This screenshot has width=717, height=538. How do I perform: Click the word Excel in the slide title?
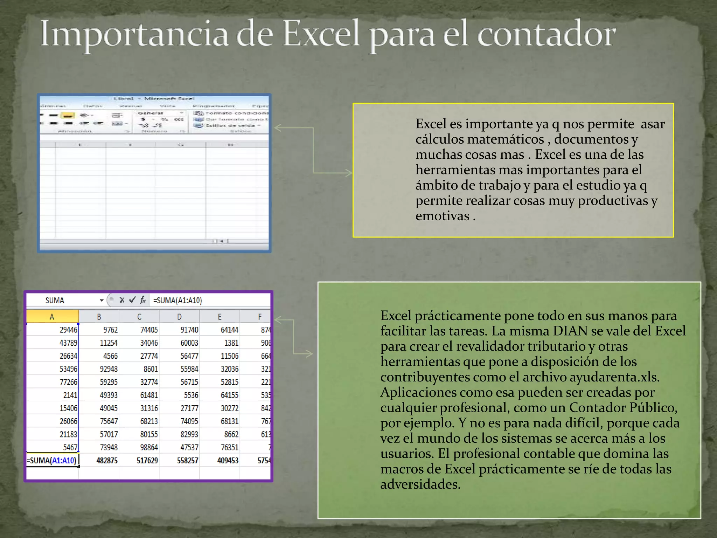coord(321,34)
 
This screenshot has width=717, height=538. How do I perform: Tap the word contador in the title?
coord(546,34)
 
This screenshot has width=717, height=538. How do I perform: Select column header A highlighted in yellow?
coord(52,317)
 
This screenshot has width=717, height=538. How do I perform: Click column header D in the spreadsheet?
coord(179,317)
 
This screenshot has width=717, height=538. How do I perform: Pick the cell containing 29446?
coord(68,330)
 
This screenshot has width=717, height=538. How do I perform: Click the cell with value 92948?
coord(109,369)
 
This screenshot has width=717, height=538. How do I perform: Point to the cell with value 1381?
coord(231,343)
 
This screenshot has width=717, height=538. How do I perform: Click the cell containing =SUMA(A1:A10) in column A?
coord(52,461)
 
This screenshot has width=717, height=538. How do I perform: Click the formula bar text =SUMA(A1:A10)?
coord(177,301)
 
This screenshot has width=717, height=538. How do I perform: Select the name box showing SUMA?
coord(55,301)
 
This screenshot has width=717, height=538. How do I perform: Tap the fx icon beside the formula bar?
coord(143,300)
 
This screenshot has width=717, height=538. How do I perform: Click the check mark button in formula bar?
coord(132,300)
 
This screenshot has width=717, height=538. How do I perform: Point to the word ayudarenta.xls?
coord(614,377)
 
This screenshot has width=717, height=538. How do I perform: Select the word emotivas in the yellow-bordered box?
coord(442,216)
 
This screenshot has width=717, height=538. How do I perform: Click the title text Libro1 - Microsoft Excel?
coord(154,99)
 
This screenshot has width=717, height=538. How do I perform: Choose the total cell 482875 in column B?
coord(107,461)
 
